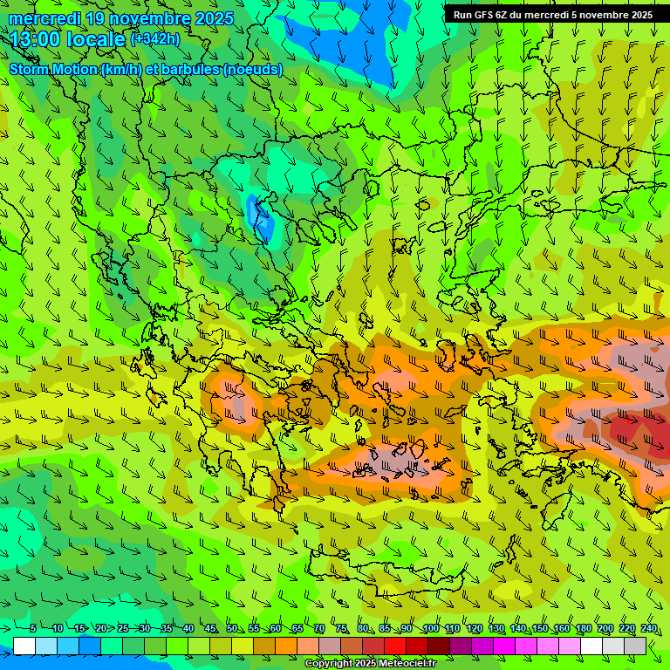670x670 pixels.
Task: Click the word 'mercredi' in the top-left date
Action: click(x=46, y=18)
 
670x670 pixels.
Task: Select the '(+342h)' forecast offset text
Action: click(x=155, y=38)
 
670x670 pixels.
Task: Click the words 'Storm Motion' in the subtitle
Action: click(x=53, y=69)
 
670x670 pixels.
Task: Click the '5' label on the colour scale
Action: click(x=32, y=628)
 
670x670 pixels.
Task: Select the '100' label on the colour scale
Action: click(x=430, y=628)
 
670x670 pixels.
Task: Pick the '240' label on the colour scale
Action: click(x=649, y=628)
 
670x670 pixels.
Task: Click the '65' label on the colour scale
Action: click(x=297, y=628)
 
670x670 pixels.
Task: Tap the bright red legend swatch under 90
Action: click(x=396, y=646)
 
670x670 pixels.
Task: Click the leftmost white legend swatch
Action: click(x=24, y=646)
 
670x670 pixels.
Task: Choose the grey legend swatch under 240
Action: click(x=635, y=646)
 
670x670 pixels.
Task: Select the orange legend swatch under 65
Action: click(x=286, y=646)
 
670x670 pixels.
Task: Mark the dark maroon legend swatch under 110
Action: click(x=439, y=646)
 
